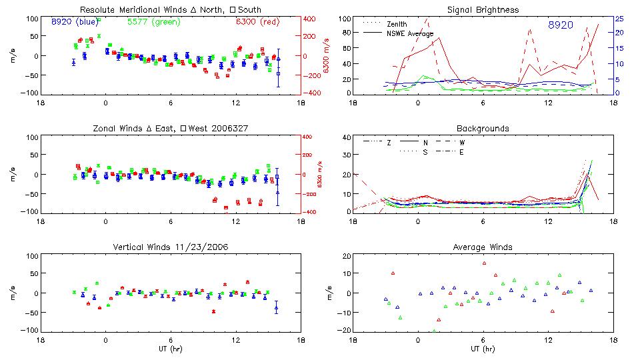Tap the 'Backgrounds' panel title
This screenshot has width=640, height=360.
point(484,128)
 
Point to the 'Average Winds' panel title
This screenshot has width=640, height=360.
point(484,247)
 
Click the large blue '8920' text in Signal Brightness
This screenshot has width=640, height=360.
point(560,25)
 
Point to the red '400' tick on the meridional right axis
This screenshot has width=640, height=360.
point(311,19)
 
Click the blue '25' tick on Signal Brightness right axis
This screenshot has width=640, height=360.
point(619,19)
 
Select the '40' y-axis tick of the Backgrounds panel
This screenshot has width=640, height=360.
point(345,138)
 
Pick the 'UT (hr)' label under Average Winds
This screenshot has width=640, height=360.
point(484,348)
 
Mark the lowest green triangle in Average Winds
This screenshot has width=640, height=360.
point(435,331)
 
